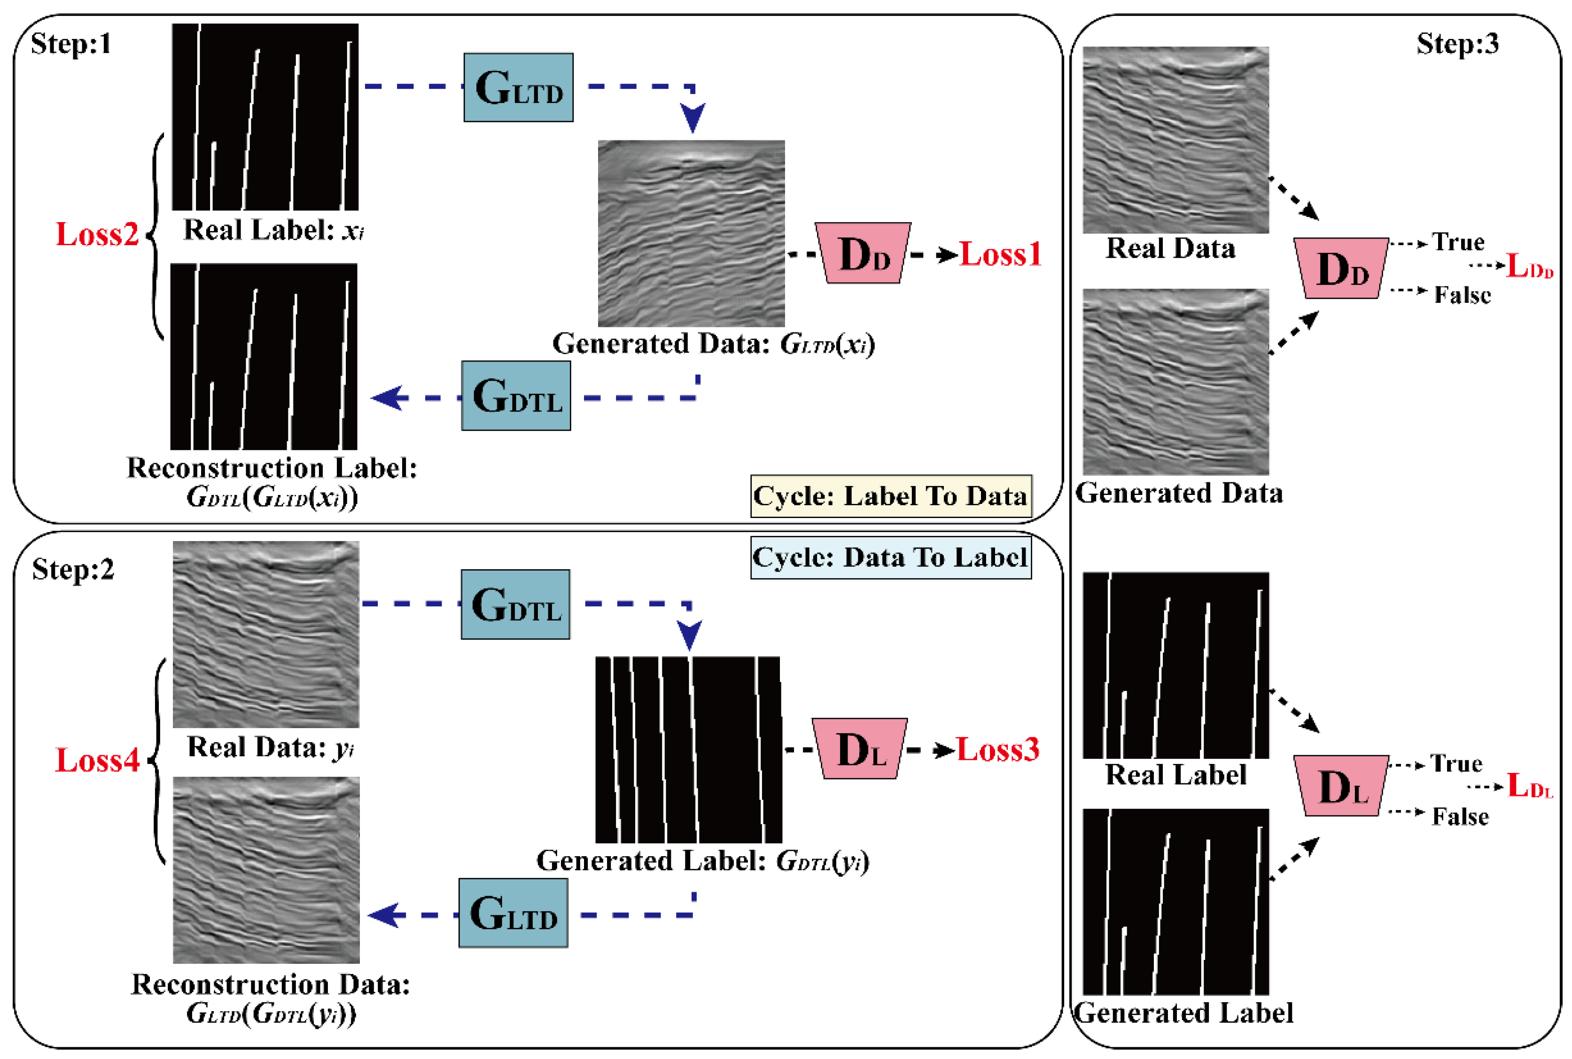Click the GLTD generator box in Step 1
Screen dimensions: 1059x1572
[x=518, y=88]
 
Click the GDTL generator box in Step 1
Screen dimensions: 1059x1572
[x=516, y=396]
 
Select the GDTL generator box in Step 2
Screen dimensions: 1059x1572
[x=515, y=604]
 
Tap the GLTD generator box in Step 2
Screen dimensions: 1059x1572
[x=513, y=913]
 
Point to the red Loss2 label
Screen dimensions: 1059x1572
[x=97, y=234]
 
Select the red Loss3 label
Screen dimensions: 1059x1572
[x=997, y=750]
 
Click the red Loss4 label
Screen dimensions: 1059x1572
[x=97, y=760]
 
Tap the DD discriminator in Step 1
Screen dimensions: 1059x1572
[x=863, y=253]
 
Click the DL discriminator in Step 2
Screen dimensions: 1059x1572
[x=859, y=748]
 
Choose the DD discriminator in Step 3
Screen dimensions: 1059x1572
[x=1341, y=268]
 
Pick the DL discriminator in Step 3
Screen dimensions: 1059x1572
[x=1341, y=786]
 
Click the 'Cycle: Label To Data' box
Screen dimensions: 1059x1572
[x=890, y=496]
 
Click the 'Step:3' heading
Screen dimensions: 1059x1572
[x=1457, y=44]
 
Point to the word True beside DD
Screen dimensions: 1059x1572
[x=1458, y=242]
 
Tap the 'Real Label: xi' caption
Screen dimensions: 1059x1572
[x=273, y=230]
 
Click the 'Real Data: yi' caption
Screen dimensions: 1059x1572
[x=270, y=748]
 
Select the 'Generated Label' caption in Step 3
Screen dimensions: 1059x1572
[x=1183, y=1013]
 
